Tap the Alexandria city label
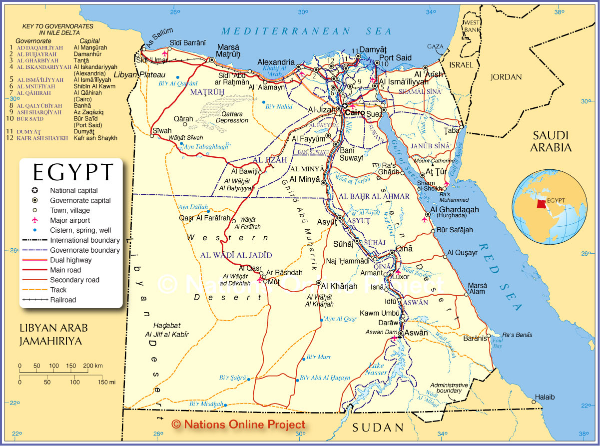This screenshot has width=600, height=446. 276,62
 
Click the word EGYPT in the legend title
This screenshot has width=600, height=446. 73,172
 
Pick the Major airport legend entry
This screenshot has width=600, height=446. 70,220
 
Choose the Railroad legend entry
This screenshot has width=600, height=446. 63,300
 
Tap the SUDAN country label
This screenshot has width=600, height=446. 378,428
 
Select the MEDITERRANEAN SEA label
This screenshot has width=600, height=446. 307,31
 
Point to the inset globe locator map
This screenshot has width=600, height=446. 549,207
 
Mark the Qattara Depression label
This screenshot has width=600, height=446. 231,117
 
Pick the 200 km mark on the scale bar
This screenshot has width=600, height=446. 92,366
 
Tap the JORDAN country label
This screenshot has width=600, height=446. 506,77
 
